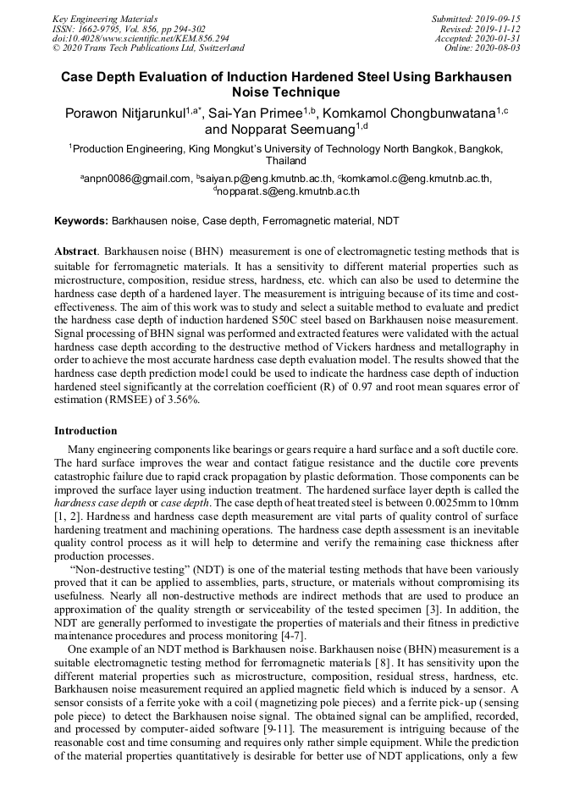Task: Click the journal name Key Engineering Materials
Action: [104, 19]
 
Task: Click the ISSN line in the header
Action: [129, 29]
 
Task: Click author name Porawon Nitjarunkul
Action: [130, 113]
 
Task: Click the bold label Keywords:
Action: [81, 221]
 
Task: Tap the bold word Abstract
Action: [77, 252]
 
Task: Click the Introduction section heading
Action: [86, 431]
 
